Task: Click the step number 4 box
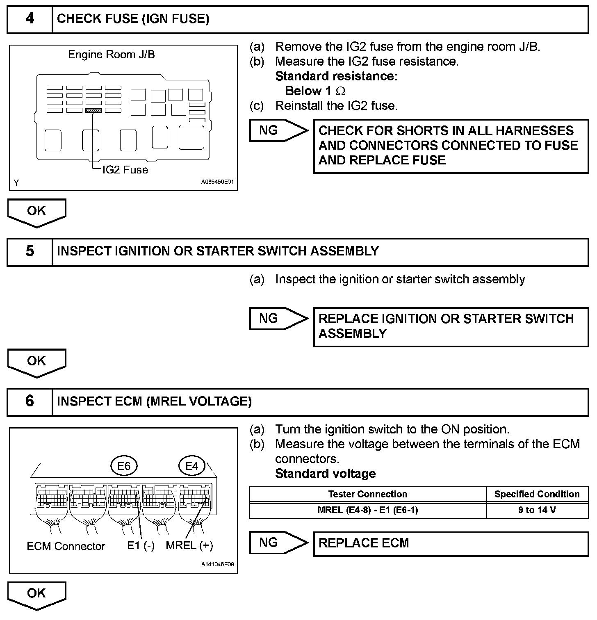pyautogui.click(x=30, y=19)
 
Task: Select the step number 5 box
pyautogui.click(x=30, y=251)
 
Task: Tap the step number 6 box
pyautogui.click(x=30, y=401)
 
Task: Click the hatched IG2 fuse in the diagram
pyautogui.click(x=93, y=111)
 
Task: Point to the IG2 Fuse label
pyautogui.click(x=125, y=170)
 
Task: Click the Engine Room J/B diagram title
pyautogui.click(x=112, y=55)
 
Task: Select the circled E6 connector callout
pyautogui.click(x=124, y=466)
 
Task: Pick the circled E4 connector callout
pyautogui.click(x=192, y=466)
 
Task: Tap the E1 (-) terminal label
pyautogui.click(x=141, y=546)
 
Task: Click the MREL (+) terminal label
pyautogui.click(x=189, y=546)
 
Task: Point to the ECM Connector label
pyautogui.click(x=66, y=546)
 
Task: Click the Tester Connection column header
pyautogui.click(x=368, y=495)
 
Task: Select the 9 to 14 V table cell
pyautogui.click(x=537, y=511)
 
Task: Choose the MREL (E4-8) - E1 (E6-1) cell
pyautogui.click(x=368, y=511)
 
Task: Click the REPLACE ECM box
pyautogui.click(x=451, y=544)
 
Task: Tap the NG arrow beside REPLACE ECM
pyautogui.click(x=278, y=543)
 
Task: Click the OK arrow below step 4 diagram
pyautogui.click(x=36, y=212)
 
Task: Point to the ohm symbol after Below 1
pyautogui.click(x=340, y=91)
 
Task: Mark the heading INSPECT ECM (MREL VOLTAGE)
pyautogui.click(x=154, y=401)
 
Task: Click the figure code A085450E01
pyautogui.click(x=217, y=182)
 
